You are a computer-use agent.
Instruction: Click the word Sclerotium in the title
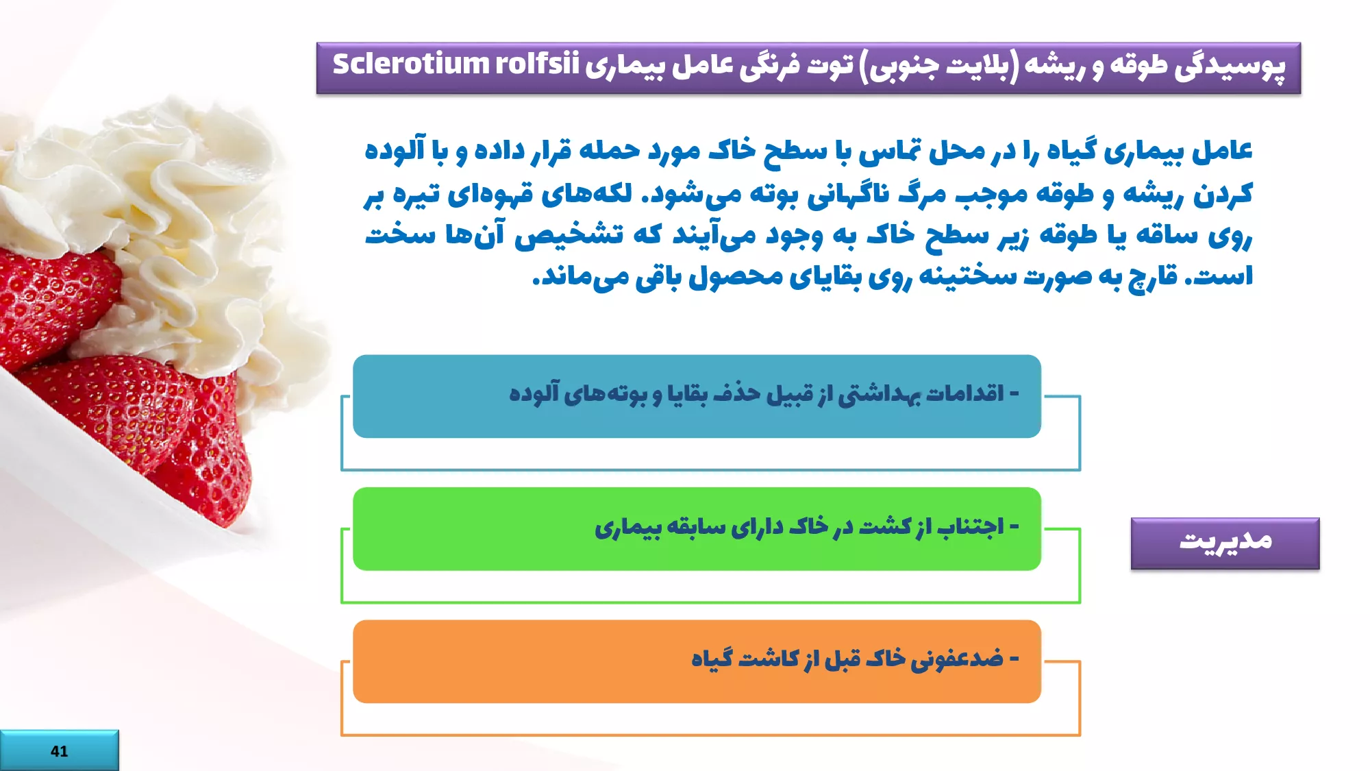tap(410, 64)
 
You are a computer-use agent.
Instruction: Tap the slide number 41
tap(60, 751)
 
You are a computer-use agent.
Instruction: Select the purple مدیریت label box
tap(1225, 543)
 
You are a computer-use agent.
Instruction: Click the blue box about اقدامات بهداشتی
tap(697, 396)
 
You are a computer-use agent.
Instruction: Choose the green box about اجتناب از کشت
tap(697, 528)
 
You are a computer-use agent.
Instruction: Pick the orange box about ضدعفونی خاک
tap(697, 661)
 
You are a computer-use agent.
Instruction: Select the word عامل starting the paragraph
tap(1222, 151)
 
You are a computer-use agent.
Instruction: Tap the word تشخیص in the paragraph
tap(569, 235)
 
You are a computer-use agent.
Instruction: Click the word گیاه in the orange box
tap(712, 659)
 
